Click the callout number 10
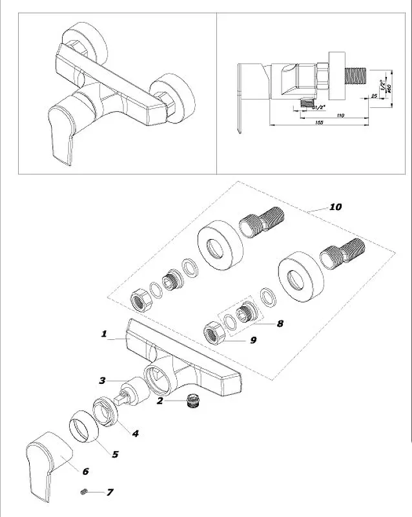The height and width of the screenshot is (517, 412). click(x=335, y=207)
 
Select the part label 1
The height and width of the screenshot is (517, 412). click(x=103, y=334)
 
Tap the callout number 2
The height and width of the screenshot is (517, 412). click(x=102, y=380)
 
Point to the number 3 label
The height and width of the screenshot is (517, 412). click(x=135, y=433)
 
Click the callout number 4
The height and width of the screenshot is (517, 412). click(x=115, y=454)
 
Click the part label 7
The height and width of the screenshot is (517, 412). click(x=280, y=323)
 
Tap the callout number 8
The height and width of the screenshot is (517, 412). click(x=253, y=339)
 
